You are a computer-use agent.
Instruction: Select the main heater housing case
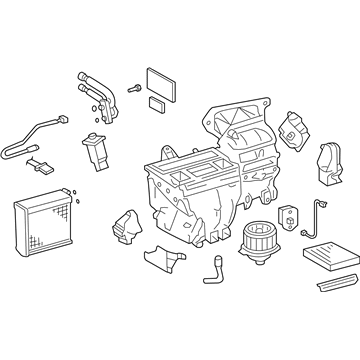pyautogui.click(x=200, y=175)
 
